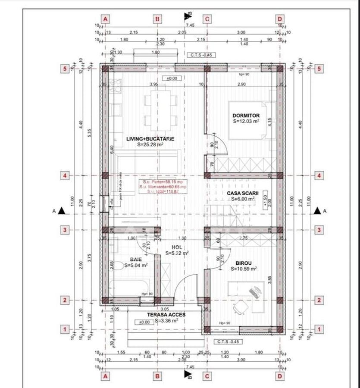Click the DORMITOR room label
246,116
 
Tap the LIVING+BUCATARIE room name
150,139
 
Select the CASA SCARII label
242,193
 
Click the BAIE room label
136,260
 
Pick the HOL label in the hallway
176,247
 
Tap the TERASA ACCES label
166,315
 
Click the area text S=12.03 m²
246,122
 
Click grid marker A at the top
105,19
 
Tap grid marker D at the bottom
280,376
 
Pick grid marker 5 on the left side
65,68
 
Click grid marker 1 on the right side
319,329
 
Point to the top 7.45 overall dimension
191,25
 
